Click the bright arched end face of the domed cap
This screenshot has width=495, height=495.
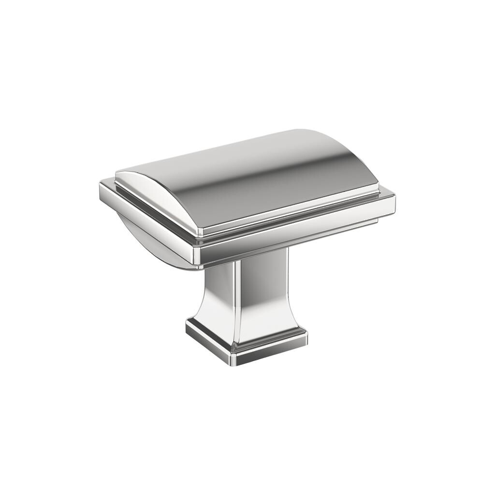coord(150,193)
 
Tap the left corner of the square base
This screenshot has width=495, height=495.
coord(188,329)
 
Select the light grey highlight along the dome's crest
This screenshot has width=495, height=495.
coord(218,155)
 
